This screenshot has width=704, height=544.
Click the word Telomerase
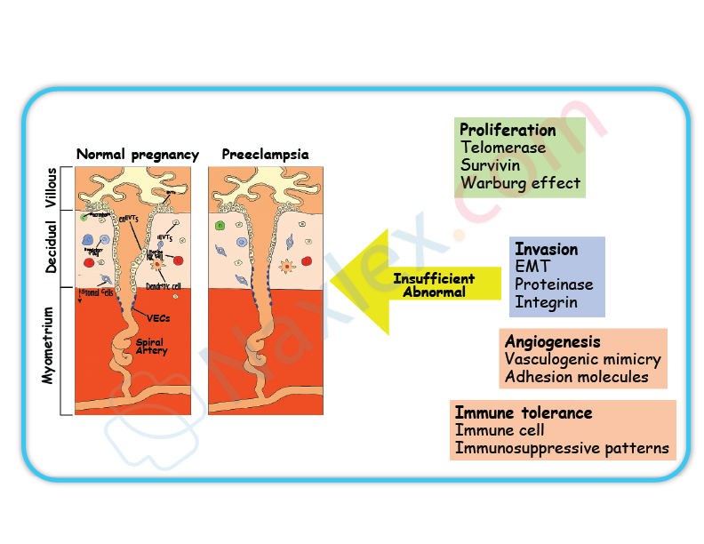click(x=503, y=148)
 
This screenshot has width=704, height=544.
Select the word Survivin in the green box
click(x=491, y=165)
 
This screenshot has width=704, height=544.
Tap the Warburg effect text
click(x=520, y=184)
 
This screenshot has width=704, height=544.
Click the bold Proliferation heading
click(x=508, y=130)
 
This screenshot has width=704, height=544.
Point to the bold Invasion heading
click(x=547, y=249)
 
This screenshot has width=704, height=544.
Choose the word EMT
click(x=532, y=267)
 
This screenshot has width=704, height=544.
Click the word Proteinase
click(x=554, y=284)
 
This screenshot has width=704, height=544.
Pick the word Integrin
click(x=546, y=302)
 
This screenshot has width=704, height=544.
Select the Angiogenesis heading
click(x=552, y=341)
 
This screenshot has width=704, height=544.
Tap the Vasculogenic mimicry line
click(x=582, y=359)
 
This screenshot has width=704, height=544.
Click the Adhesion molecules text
click(x=576, y=377)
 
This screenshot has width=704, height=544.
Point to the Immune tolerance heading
click(x=524, y=412)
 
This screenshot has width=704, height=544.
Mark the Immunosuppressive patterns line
click(x=562, y=448)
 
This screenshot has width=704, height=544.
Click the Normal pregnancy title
click(x=137, y=155)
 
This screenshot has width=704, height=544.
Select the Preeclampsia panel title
click(x=265, y=155)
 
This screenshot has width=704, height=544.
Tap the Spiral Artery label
click(x=151, y=346)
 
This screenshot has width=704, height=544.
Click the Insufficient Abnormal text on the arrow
click(x=434, y=285)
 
